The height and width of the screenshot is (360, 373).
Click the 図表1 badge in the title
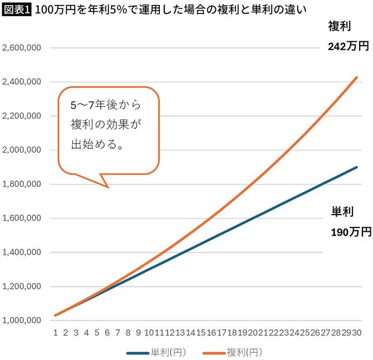tap(17, 9)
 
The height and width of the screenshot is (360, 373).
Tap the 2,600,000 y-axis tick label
tap(21, 48)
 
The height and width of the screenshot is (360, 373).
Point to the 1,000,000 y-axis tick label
tap(21, 320)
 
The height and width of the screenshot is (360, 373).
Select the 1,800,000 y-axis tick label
tap(21, 184)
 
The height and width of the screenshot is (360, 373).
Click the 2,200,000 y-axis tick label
tap(21, 116)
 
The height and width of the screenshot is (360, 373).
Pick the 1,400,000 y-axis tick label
tap(21, 252)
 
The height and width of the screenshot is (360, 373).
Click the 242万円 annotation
tap(349, 46)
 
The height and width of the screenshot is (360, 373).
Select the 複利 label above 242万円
tap(339, 26)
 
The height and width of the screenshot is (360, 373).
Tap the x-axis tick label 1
tap(56, 333)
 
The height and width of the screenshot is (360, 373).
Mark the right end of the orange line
tap(357, 77)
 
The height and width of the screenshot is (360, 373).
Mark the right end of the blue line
tap(357, 167)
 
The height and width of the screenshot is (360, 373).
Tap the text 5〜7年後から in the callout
tap(106, 104)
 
